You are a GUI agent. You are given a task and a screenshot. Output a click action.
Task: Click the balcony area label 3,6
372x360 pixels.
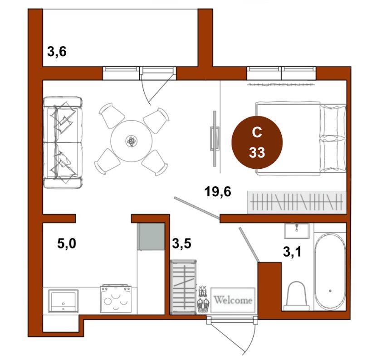click(57, 52)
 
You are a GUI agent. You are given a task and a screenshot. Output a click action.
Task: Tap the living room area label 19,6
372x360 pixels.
click(218, 191)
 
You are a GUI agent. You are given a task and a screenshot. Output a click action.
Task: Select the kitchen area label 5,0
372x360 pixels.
click(67, 243)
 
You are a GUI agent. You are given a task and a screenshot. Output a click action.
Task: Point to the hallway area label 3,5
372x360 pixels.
click(182, 243)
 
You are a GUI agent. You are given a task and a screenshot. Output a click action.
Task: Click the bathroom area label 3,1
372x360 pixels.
click(292, 252)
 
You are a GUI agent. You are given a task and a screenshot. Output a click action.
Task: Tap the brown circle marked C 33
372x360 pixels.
click(257, 142)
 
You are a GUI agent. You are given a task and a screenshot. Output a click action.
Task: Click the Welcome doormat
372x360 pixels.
click(233, 300)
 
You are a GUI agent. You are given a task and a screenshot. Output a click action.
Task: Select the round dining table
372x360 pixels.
click(131, 141)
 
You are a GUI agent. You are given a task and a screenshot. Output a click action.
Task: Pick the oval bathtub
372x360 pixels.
click(330, 272)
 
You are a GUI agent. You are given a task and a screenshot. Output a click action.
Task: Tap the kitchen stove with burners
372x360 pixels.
click(116, 299)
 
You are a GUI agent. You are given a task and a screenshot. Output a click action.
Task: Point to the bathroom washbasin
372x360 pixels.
click(297, 231)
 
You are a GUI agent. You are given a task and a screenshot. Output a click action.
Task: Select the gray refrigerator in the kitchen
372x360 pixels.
click(151, 236)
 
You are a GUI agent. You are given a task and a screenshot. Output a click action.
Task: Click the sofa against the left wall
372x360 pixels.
click(63, 142)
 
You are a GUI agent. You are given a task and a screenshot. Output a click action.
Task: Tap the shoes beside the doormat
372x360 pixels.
click(203, 300)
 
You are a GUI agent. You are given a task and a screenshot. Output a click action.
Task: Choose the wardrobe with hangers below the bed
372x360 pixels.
click(297, 202)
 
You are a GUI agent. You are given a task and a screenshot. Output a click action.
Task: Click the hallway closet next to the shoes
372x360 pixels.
click(183, 287)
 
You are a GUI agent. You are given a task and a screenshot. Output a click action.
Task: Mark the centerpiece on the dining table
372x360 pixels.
click(131, 141)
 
